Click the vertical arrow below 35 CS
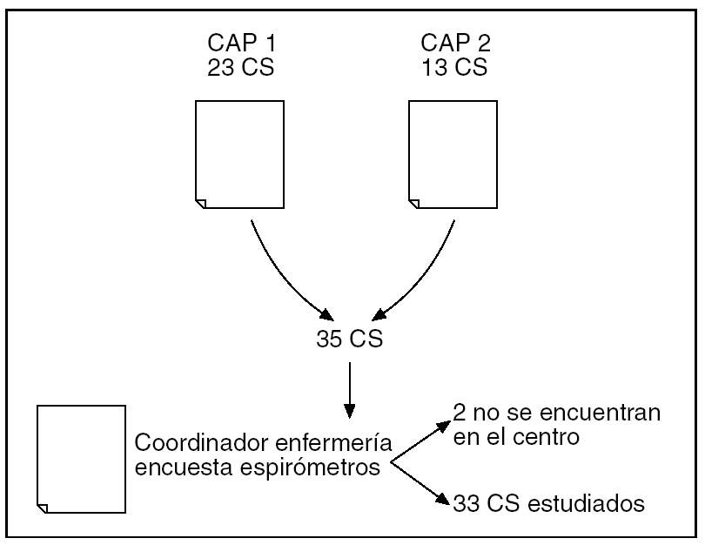pyautogui.click(x=348, y=383)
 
